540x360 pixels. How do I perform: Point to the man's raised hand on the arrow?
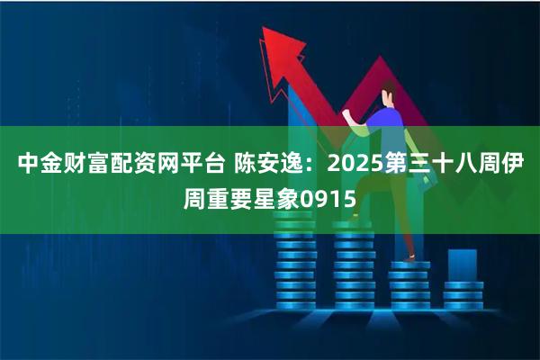(x=349, y=114)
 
